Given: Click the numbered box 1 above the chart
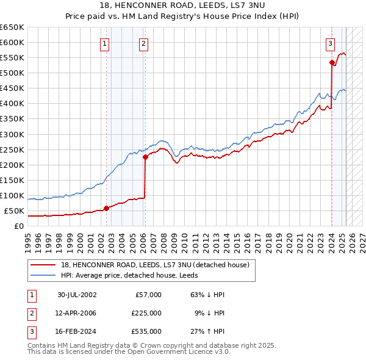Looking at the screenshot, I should (x=105, y=43).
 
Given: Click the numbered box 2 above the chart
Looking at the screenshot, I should (x=143, y=43).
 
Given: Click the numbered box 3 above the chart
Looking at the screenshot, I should (x=330, y=43).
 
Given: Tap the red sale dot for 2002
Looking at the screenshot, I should (x=106, y=208).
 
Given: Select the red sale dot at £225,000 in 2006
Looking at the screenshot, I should (x=145, y=157).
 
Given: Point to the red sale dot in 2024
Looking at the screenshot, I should (x=332, y=62).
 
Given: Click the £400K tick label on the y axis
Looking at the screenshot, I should (x=12, y=104).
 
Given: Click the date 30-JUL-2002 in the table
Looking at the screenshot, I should (x=77, y=295).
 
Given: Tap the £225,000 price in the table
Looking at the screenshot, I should (x=146, y=313).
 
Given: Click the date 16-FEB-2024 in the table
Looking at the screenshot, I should (x=77, y=332).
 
